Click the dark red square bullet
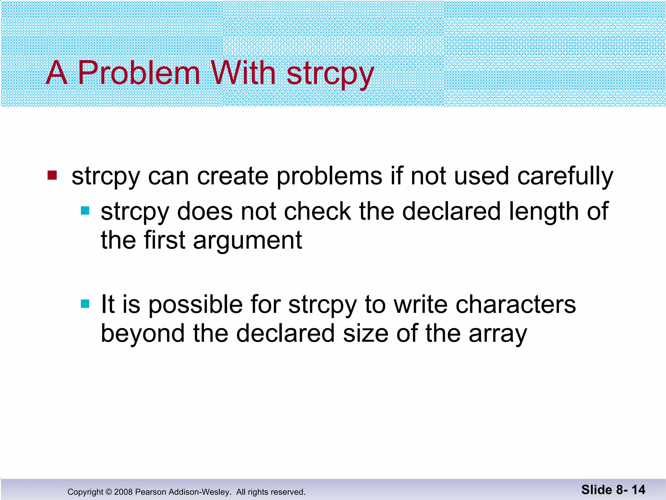pyautogui.click(x=52, y=175)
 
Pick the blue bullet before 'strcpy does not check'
pyautogui.click(x=85, y=211)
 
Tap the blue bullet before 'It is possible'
pyautogui.click(x=85, y=304)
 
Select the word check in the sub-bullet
pyautogui.click(x=318, y=212)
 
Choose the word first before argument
pyautogui.click(x=165, y=240)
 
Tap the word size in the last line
pyautogui.click(x=366, y=333)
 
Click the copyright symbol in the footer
pyautogui.click(x=109, y=492)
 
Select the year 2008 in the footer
pyautogui.click(x=123, y=492)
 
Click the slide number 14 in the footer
pyautogui.click(x=638, y=490)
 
